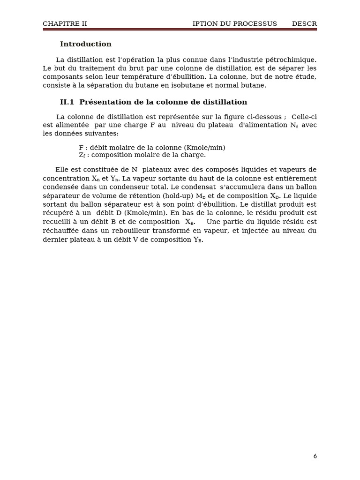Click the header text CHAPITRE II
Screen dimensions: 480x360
[65, 24]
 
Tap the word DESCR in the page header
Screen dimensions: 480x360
[304, 24]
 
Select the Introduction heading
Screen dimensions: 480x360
[86, 45]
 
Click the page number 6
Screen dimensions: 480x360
[315, 456]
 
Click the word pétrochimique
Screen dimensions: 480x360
[291, 60]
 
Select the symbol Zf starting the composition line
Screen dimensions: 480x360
[82, 155]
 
